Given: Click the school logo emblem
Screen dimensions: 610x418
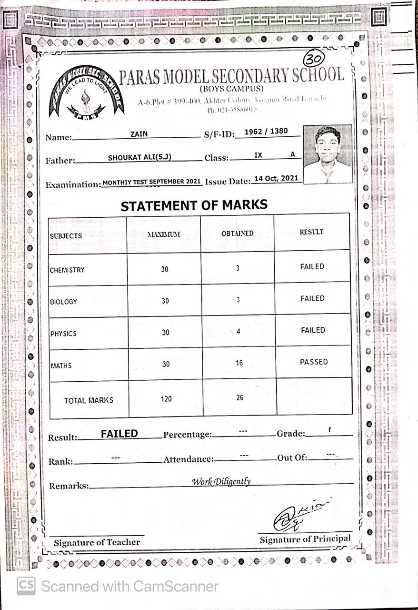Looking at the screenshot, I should (x=86, y=92).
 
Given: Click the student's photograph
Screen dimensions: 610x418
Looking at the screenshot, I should (x=327, y=154).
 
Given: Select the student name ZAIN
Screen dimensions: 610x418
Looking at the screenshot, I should (x=139, y=134).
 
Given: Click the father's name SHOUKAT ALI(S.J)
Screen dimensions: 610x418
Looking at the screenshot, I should (x=139, y=158).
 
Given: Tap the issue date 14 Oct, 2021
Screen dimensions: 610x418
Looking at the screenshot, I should (x=276, y=178).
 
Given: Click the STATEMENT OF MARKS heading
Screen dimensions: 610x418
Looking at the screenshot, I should (x=194, y=205).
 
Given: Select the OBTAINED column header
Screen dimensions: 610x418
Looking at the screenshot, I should (x=237, y=234).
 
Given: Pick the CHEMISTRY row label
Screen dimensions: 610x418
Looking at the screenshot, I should (x=67, y=270).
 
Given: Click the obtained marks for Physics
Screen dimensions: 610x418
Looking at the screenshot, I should (x=239, y=331).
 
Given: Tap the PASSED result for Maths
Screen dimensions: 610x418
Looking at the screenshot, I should (x=314, y=362).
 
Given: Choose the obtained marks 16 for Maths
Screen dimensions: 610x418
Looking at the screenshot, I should (x=239, y=363).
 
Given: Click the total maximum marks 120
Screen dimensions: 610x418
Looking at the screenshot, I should (x=166, y=399).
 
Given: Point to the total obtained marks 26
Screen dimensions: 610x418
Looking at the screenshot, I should (x=239, y=397).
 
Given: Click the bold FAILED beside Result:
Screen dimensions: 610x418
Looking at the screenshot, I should (x=119, y=434).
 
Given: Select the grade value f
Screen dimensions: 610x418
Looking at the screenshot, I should (x=329, y=430).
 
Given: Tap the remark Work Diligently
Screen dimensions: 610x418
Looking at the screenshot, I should (x=221, y=481).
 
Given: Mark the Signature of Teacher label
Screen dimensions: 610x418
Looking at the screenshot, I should (x=97, y=542).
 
